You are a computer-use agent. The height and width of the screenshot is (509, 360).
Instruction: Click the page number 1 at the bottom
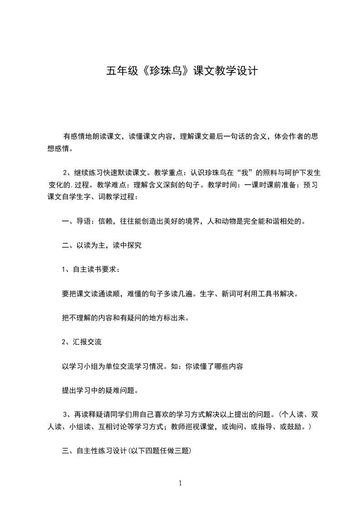180,483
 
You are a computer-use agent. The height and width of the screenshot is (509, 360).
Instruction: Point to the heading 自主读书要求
94,269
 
